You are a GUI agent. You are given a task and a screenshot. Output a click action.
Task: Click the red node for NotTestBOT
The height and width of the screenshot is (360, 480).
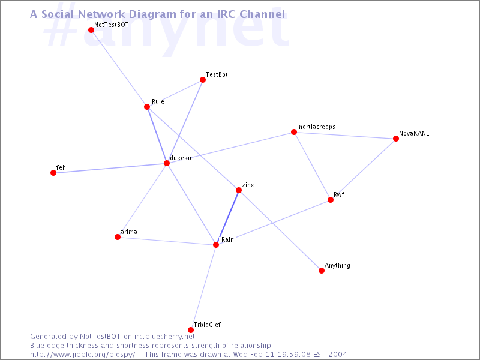(91, 30)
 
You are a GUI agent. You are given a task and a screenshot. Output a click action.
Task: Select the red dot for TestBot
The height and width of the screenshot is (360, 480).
(203, 80)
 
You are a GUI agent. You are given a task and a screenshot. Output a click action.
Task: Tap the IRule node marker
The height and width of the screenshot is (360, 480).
(147, 107)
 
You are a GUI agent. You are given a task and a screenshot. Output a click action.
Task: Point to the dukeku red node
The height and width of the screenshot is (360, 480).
(167, 163)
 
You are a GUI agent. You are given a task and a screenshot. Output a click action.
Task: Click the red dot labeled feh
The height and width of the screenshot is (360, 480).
(53, 173)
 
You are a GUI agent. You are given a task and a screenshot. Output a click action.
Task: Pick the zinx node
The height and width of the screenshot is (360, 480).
(239, 190)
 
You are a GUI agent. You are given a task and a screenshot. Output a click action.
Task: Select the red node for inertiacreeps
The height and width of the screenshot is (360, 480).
(294, 132)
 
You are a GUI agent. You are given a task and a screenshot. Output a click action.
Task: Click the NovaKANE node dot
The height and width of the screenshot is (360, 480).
(396, 139)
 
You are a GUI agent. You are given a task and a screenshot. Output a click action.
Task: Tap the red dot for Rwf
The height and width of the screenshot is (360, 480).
(331, 200)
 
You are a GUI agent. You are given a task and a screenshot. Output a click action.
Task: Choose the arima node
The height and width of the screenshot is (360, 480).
(118, 237)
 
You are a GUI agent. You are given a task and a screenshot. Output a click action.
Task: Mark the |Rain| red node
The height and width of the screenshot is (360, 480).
(216, 245)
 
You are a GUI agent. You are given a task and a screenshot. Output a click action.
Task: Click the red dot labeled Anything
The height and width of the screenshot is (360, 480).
(322, 271)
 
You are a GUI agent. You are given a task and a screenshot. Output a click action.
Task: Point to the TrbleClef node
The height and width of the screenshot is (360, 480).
(191, 330)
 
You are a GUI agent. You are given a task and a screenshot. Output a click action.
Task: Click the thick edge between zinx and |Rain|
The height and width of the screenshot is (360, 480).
(227, 218)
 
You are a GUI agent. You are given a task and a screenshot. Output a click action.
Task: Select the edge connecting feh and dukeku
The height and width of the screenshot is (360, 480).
(110, 168)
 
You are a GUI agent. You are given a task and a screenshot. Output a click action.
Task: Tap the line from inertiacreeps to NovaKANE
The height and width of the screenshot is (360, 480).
(345, 136)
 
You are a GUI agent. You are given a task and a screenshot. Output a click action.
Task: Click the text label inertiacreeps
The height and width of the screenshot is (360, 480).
(316, 127)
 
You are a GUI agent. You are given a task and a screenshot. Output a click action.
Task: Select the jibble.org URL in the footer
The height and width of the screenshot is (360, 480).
(82, 355)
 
